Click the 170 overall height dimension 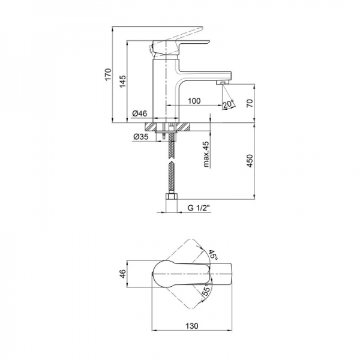click(x=108, y=74)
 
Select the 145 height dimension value click(x=123, y=81)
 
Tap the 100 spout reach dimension click(x=194, y=101)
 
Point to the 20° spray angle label click(x=228, y=104)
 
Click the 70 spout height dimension click(x=250, y=103)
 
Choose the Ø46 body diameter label click(x=140, y=113)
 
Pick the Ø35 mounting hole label click(x=140, y=137)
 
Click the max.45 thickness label click(x=206, y=154)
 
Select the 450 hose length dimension click(x=250, y=161)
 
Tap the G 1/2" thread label click(x=199, y=208)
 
